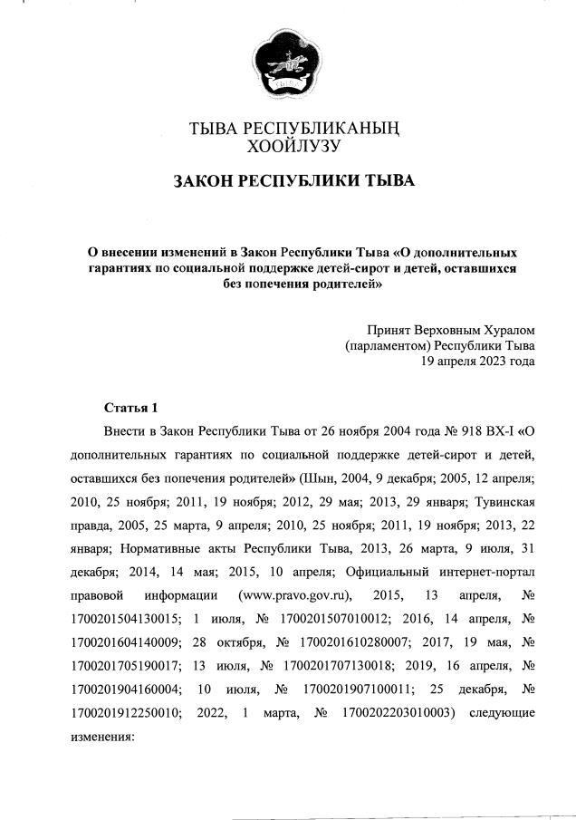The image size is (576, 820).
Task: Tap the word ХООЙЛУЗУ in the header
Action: (x=287, y=144)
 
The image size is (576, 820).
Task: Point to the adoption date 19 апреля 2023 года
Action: (x=476, y=361)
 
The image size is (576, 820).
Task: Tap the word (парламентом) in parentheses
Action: (x=387, y=345)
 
